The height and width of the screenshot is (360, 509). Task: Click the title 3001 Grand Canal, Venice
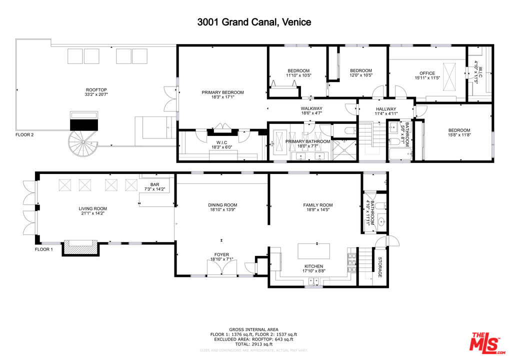tap(254, 22)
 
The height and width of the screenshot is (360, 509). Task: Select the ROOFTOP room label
tap(96, 90)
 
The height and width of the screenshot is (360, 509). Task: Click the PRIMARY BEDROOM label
tap(222, 92)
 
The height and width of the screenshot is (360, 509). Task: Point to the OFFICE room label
tap(427, 73)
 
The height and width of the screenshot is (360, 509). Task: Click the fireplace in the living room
tap(79, 247)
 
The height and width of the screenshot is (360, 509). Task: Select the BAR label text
tap(154, 185)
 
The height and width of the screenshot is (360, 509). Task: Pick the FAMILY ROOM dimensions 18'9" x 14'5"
tap(318, 210)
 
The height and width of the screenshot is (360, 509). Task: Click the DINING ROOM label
tap(222, 205)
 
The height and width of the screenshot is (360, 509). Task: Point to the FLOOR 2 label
tap(24, 134)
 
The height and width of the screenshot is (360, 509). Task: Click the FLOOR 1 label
tap(43, 249)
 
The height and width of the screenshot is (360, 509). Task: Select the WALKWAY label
tap(311, 108)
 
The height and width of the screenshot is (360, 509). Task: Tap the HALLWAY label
tap(385, 109)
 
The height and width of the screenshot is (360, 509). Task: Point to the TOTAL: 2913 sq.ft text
tap(254, 344)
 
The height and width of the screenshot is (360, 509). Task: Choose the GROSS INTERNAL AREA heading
tap(254, 329)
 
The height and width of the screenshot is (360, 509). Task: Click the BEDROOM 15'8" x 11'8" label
tap(459, 130)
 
